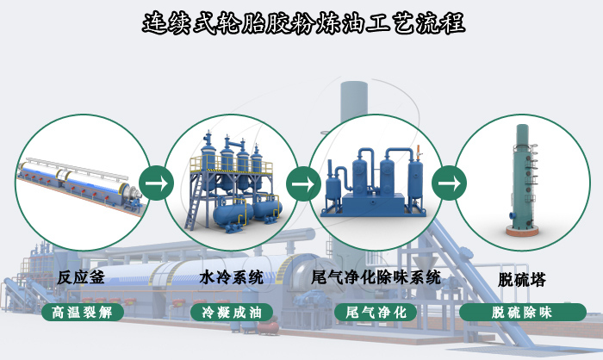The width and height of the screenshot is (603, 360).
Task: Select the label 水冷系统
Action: tap(231, 277)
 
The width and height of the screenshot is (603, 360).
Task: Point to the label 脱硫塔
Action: tap(522, 279)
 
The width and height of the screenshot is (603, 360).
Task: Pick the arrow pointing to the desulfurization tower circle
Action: tap(448, 183)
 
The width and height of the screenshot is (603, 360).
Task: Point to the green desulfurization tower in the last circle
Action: tap(522, 172)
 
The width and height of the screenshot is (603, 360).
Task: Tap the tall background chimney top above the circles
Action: tap(353, 90)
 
